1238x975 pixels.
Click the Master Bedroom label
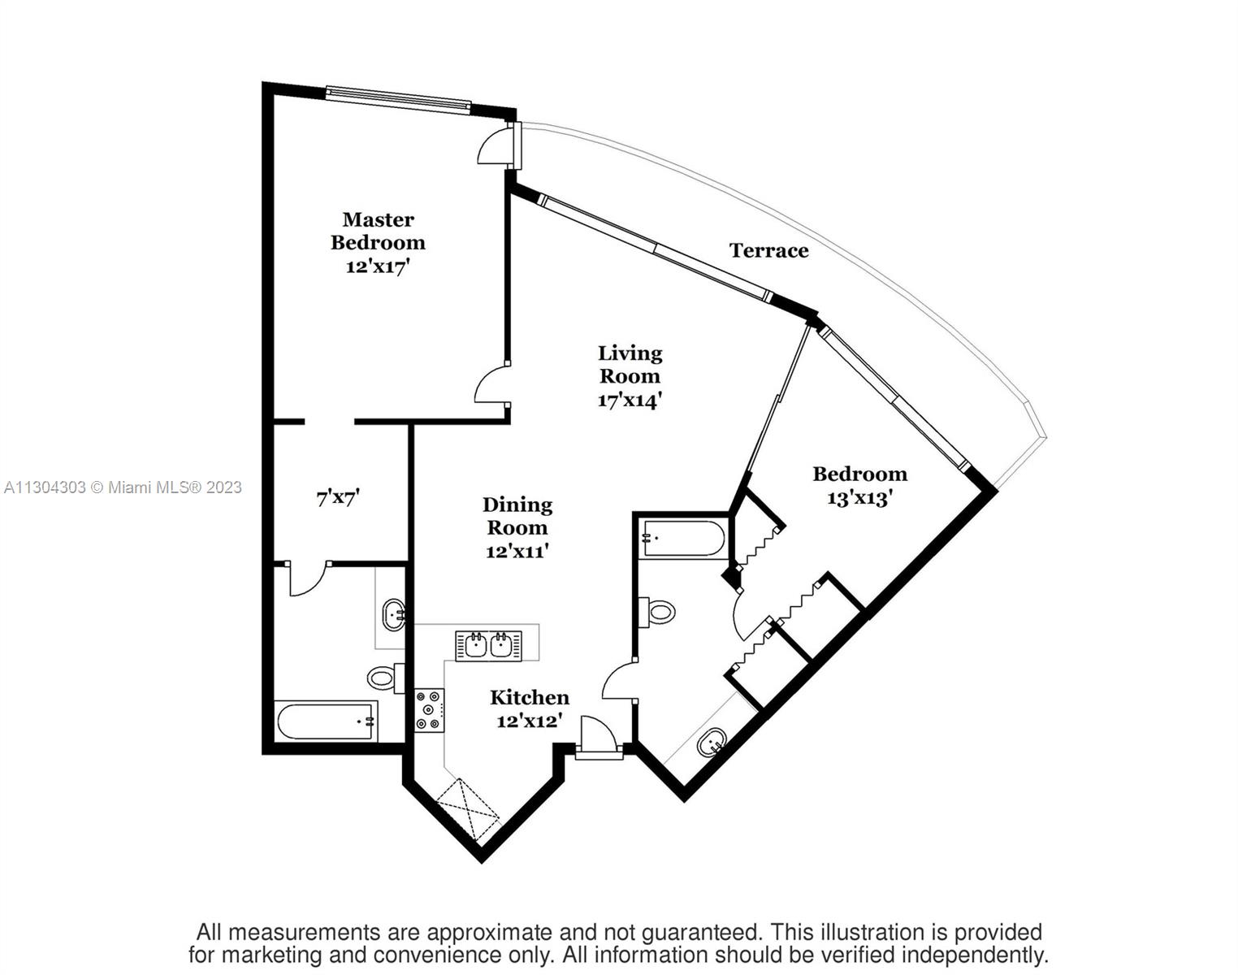click(x=378, y=231)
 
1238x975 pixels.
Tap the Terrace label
click(x=768, y=250)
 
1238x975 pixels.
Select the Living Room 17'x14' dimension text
click(x=630, y=400)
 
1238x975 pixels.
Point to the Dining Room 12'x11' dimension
click(x=517, y=552)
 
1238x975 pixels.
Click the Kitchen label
click(x=530, y=698)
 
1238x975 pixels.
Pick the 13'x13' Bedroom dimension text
click(x=859, y=497)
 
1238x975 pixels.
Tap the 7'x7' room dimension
click(x=338, y=497)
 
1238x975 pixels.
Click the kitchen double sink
click(x=488, y=646)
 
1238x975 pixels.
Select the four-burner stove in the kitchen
click(x=429, y=711)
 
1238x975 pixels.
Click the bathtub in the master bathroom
click(x=327, y=721)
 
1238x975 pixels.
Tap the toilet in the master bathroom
click(x=385, y=678)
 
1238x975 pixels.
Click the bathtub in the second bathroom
click(x=683, y=538)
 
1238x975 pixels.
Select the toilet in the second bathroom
click(x=656, y=611)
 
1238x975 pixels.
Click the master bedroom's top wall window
click(x=398, y=97)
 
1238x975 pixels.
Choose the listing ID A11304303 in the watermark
click(x=45, y=487)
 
